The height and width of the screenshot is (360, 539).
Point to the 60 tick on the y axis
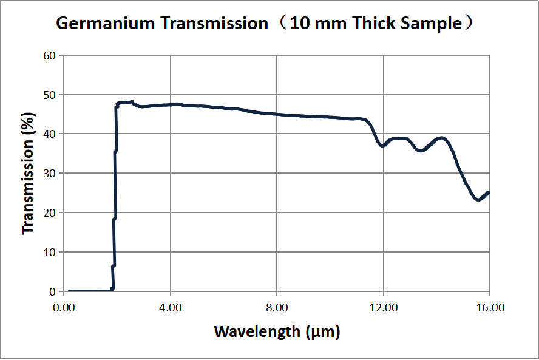49,56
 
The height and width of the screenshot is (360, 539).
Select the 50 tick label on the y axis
49,95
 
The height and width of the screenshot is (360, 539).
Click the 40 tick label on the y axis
49,134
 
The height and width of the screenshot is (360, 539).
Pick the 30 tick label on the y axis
49,174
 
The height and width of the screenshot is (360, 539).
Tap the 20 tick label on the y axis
49,213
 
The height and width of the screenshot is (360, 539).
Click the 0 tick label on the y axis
52,291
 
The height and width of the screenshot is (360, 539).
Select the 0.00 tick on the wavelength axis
64,308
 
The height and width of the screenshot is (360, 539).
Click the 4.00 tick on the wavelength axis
171,308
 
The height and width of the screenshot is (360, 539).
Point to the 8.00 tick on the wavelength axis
277,308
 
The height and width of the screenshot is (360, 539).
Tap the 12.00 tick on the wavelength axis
383,308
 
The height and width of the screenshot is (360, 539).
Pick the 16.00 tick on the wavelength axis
489,308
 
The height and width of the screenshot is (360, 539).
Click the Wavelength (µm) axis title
277,332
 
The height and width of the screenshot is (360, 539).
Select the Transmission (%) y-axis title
28,174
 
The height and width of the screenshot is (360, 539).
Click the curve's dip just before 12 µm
382,146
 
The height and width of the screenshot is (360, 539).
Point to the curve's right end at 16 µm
489,192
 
